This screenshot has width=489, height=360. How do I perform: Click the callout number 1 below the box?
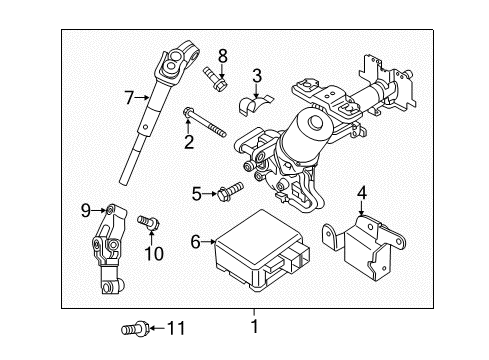[255, 326]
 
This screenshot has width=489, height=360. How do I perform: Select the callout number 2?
[189, 142]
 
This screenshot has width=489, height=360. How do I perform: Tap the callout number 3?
[257, 76]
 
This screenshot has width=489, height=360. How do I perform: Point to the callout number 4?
[362, 193]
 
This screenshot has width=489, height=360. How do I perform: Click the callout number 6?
[196, 242]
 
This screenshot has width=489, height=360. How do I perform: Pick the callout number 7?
[130, 98]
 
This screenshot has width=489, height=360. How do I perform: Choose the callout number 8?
[223, 56]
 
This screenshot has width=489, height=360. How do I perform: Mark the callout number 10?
[154, 254]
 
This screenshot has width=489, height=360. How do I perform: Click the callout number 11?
[176, 328]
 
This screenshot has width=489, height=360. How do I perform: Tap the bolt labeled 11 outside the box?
[134, 328]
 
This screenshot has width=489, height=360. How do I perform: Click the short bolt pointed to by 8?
[215, 78]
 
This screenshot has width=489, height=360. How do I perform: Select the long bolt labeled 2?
[204, 122]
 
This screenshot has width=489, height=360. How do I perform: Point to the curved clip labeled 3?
[256, 104]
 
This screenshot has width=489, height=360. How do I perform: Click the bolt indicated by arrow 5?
[230, 191]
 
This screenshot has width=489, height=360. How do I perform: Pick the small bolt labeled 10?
[149, 222]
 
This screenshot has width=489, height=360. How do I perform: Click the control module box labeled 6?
[263, 250]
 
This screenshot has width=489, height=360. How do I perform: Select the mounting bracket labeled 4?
[364, 247]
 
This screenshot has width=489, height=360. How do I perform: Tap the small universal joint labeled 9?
[109, 250]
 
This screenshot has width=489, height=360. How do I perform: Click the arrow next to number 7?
[142, 97]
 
